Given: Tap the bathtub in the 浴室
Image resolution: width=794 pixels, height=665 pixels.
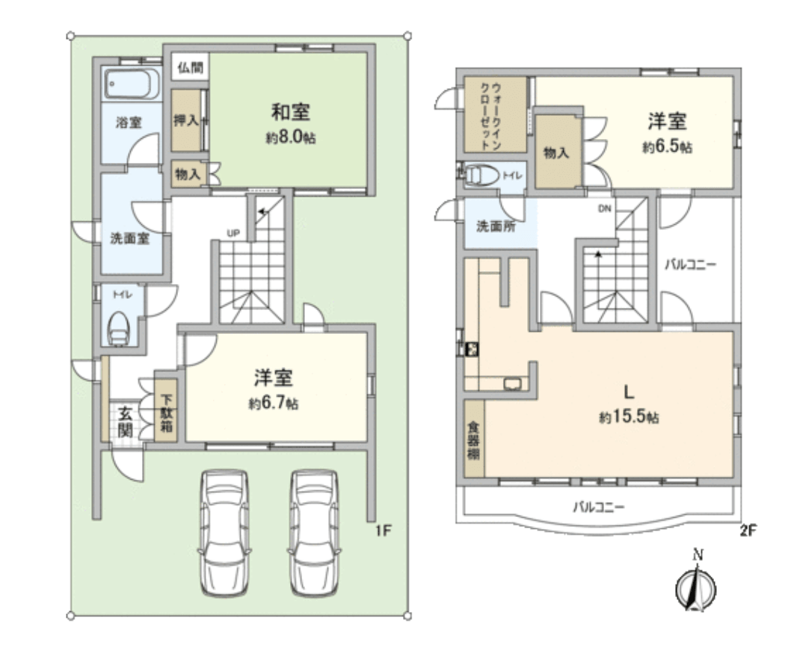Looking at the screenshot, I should click(x=132, y=84).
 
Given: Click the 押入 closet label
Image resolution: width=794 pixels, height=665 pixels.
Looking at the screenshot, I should click(x=185, y=121).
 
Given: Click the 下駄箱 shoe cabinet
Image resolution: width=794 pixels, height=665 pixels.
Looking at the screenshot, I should click(x=166, y=409).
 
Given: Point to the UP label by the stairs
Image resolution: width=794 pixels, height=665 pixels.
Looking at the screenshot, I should click(x=233, y=233).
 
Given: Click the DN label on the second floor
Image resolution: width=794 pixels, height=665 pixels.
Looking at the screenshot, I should click(x=604, y=209).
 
